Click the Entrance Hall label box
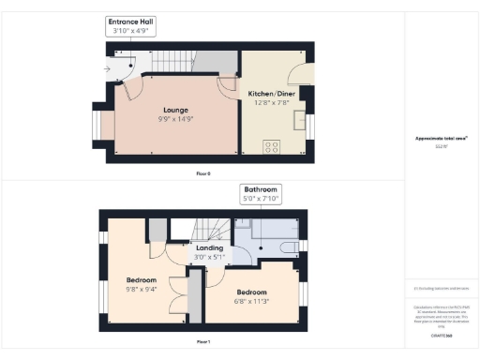coord(129,25)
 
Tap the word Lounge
coord(173,109)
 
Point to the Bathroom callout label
coord(261,193)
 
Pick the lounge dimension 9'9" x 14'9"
coord(173,118)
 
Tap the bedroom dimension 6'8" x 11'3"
coord(251,300)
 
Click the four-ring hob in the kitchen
coord(272,145)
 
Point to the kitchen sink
coord(300,120)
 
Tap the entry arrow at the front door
coord(109,68)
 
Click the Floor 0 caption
coord(203,174)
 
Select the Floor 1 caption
coord(203,342)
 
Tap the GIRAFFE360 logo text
coord(442,335)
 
